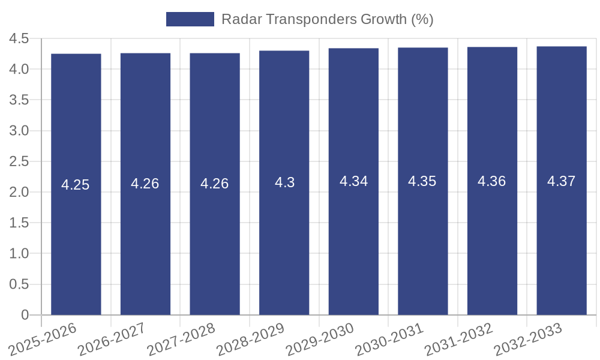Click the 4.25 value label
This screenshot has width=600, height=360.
point(76,185)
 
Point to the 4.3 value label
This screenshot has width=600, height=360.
point(284,182)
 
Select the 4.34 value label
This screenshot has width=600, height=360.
point(353,181)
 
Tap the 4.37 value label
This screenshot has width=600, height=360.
point(562,181)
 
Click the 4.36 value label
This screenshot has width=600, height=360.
point(492,181)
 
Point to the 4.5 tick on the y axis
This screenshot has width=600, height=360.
point(19,38)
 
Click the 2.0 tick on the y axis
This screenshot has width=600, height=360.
point(19,192)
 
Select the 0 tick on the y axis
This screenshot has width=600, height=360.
point(25,315)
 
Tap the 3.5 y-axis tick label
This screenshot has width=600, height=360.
point(19,100)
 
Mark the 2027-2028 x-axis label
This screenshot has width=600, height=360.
point(181,340)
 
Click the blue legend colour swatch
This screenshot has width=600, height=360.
point(190,19)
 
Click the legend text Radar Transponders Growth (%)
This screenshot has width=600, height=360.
point(327,19)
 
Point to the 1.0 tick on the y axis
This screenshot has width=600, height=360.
point(19,254)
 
